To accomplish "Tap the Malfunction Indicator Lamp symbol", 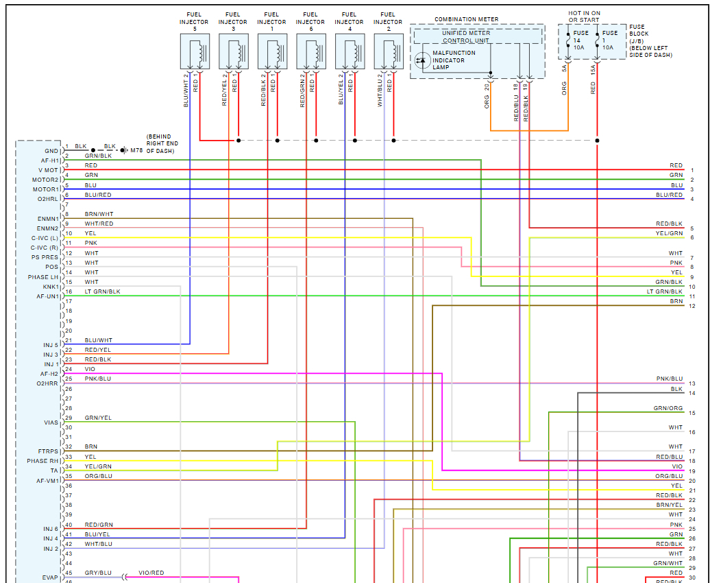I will click(x=421, y=60).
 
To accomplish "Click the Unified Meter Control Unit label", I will click(x=465, y=36).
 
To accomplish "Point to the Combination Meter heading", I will click(x=466, y=20).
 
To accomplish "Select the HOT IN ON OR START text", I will click(x=584, y=16).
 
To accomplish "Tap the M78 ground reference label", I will click(x=136, y=150).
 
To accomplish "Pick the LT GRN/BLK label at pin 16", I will click(x=102, y=291).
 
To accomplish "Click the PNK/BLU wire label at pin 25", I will click(x=97, y=379).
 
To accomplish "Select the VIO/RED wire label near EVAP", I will click(x=151, y=573).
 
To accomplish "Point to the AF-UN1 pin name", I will click(x=48, y=296).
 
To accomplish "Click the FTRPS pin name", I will click(x=48, y=451).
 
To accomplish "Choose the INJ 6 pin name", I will click(x=51, y=529).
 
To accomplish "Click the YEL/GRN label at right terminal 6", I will click(x=669, y=233).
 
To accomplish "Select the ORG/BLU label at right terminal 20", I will click(x=669, y=476).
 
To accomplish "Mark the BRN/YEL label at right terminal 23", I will click(x=669, y=505).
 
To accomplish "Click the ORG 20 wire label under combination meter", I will click(x=487, y=97).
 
